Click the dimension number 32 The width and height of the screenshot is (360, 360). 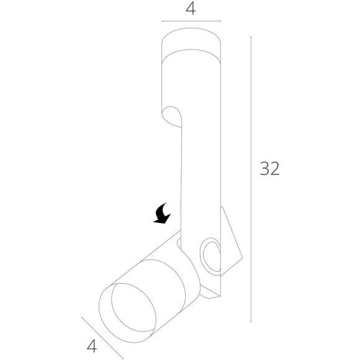click(x=269, y=169)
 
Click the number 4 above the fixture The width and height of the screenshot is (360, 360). click(x=191, y=9)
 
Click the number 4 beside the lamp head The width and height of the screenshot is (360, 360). click(x=92, y=346)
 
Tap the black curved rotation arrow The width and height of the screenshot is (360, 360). click(x=163, y=213)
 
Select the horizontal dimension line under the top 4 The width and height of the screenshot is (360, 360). click(x=191, y=21)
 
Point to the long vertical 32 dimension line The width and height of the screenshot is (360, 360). click(x=251, y=179)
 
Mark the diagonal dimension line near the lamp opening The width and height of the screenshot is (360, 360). click(x=102, y=338)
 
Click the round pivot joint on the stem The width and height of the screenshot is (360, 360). click(x=210, y=254)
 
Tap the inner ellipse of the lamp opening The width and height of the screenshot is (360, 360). click(x=133, y=307)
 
